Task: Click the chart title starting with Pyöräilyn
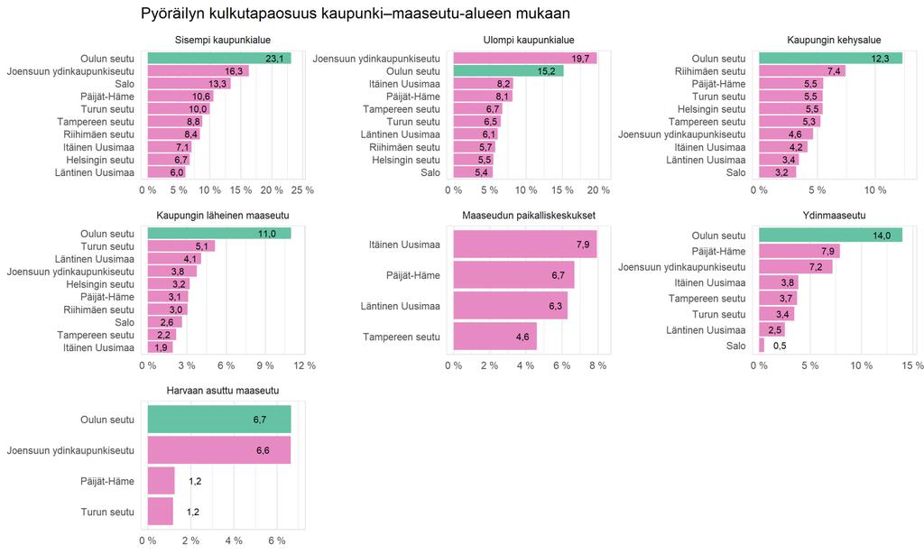tap(356, 14)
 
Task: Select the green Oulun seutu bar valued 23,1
tap(219, 59)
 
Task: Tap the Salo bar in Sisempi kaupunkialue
tap(189, 84)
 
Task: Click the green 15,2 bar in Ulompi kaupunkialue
tap(509, 71)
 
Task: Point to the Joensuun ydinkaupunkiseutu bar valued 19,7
tap(525, 59)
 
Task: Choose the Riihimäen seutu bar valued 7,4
tap(802, 71)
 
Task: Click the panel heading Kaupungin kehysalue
tap(834, 40)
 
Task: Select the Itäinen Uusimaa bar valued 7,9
tap(525, 244)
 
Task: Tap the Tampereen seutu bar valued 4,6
tap(495, 337)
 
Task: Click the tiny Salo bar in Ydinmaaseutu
tap(762, 346)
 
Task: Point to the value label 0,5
tap(780, 346)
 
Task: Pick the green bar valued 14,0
tap(830, 235)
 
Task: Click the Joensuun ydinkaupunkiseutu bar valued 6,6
tap(219, 450)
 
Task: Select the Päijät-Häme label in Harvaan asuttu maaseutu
tap(107, 481)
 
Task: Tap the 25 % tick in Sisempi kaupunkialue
tap(302, 190)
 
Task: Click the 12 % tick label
tap(304, 365)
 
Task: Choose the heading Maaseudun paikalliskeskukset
tap(529, 215)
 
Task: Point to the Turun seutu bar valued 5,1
tap(181, 246)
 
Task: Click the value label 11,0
tap(267, 234)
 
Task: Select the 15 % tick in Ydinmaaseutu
tap(912, 365)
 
